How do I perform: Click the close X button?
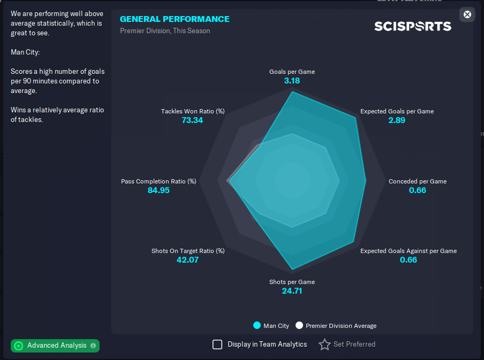click(467, 14)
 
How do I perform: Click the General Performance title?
click(175, 19)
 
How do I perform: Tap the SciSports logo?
click(413, 26)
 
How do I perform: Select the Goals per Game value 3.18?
click(292, 81)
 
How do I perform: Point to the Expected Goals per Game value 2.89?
click(397, 120)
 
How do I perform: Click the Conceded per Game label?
click(417, 181)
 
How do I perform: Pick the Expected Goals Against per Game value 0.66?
click(408, 260)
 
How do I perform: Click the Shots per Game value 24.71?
click(292, 291)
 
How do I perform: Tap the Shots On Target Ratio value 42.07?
click(187, 260)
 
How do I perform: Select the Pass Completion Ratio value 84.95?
click(158, 190)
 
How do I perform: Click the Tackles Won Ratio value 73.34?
click(192, 120)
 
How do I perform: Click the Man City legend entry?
click(271, 326)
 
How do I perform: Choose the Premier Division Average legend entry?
click(336, 326)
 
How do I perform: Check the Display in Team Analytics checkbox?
click(217, 344)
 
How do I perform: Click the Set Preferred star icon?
click(324, 344)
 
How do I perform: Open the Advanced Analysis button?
click(55, 346)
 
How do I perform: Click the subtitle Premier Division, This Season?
click(165, 31)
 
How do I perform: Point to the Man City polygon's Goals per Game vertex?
click(292, 92)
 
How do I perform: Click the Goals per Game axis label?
click(292, 72)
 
